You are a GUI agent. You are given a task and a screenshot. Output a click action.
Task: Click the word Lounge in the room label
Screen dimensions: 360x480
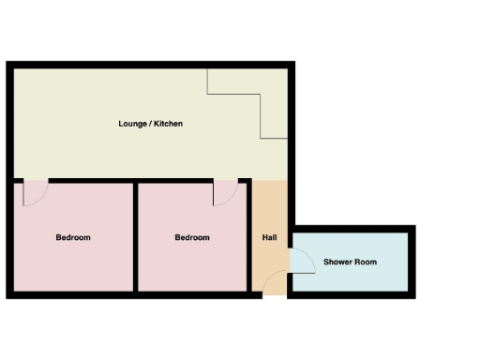click(x=132, y=124)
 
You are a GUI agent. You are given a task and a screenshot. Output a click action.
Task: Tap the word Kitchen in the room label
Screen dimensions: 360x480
click(x=168, y=124)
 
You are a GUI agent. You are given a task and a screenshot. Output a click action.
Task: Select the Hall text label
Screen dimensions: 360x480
click(x=269, y=237)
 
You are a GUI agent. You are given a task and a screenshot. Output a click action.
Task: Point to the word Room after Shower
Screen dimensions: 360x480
click(x=367, y=262)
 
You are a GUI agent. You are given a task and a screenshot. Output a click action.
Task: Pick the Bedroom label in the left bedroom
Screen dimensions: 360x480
click(x=73, y=237)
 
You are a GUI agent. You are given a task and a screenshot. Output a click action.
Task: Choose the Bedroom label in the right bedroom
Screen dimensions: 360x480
click(x=192, y=237)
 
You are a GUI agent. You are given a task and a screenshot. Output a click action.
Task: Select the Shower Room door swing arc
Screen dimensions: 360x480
click(x=302, y=261)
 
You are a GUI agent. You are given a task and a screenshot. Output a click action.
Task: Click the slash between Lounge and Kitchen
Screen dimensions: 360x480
click(x=150, y=124)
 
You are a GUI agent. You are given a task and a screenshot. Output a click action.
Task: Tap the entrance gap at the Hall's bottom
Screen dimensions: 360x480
click(x=273, y=295)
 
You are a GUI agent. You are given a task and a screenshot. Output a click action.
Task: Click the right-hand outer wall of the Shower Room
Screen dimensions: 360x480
click(x=411, y=262)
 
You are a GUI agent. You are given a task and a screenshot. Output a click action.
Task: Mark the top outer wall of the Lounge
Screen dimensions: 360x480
click(x=150, y=65)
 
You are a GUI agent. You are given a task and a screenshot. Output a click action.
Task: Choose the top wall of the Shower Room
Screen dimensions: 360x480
click(x=352, y=229)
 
